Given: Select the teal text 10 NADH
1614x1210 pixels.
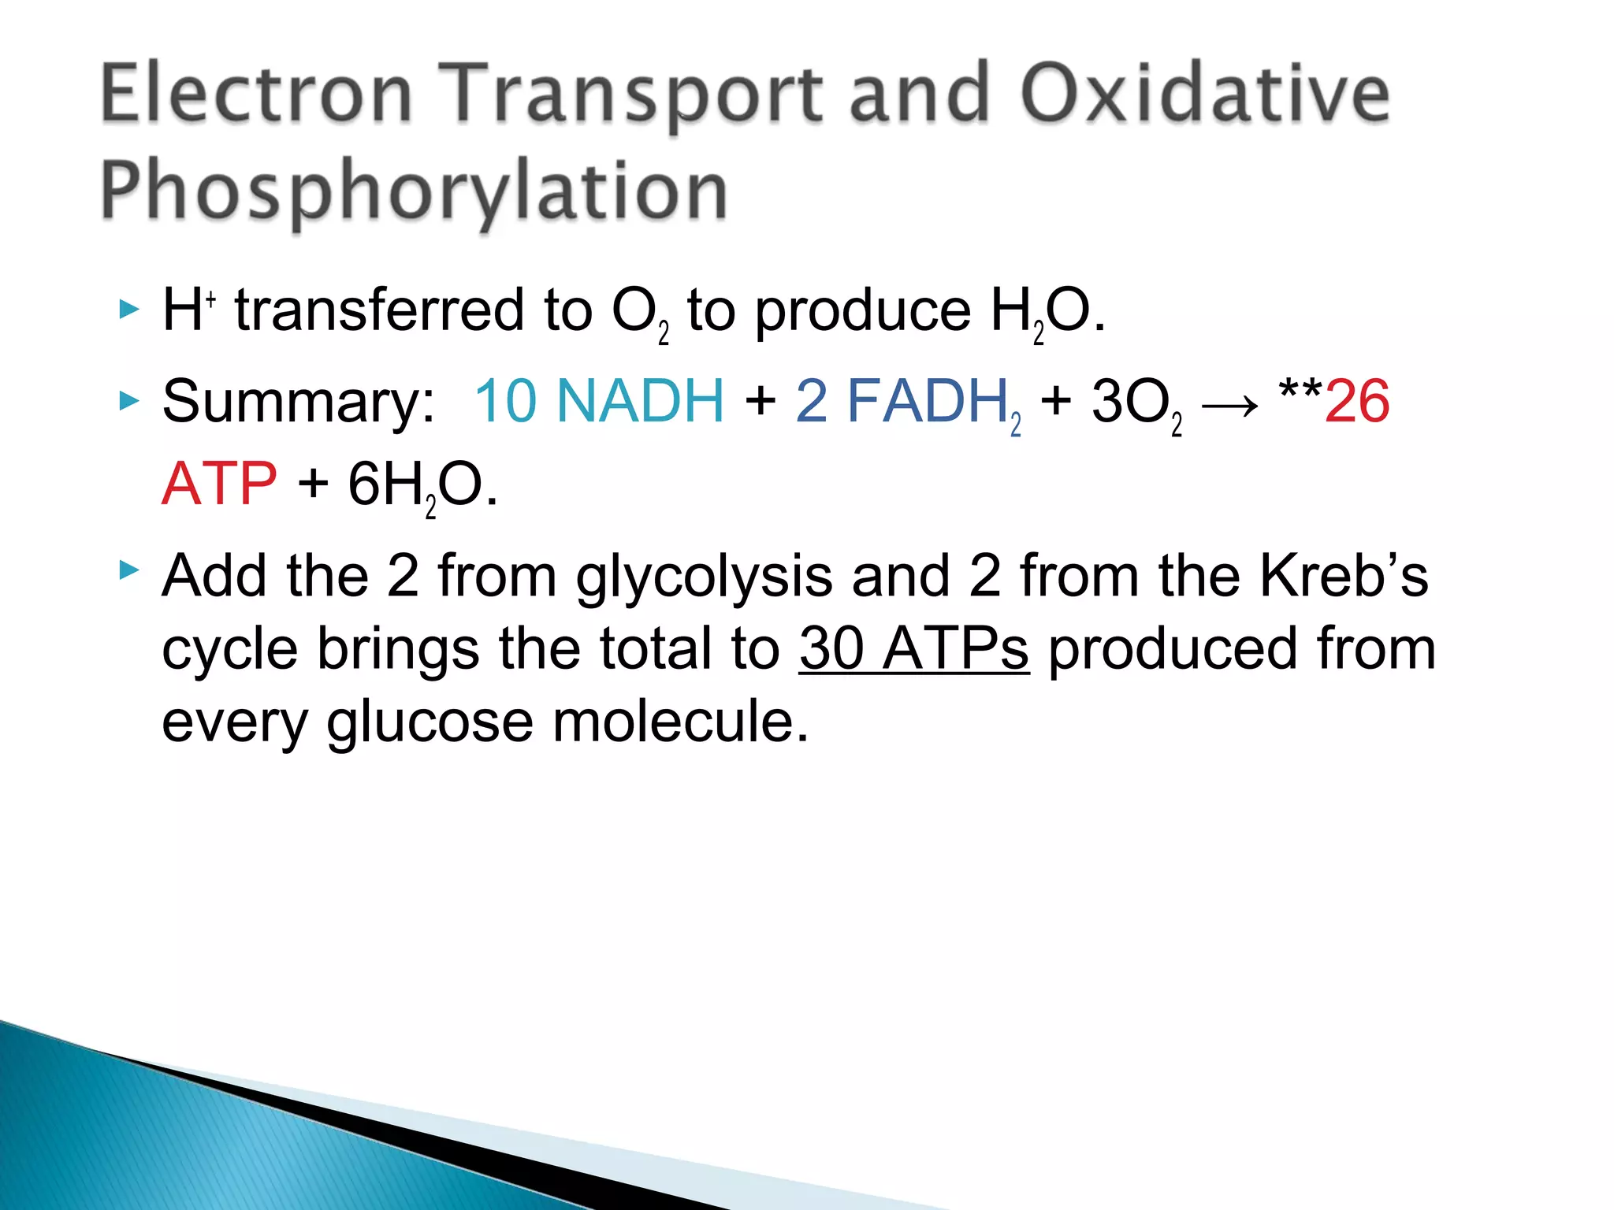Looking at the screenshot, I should (598, 401).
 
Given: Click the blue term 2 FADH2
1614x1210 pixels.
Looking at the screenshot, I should (907, 403).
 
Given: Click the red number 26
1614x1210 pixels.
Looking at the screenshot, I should (1356, 402).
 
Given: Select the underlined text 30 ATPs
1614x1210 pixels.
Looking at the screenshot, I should (913, 649).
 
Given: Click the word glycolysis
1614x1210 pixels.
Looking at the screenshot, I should (704, 577).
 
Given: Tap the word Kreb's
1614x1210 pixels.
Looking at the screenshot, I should (1343, 576).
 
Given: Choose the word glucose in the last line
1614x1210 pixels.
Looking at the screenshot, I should (430, 722).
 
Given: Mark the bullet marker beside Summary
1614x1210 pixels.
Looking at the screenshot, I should (128, 401).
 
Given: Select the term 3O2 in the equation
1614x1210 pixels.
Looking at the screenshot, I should (1136, 404).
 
